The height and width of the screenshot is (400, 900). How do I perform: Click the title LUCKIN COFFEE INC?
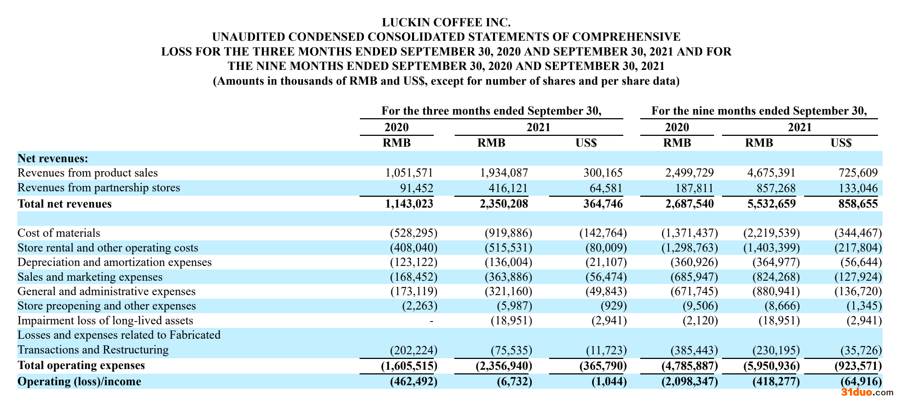pos(446,22)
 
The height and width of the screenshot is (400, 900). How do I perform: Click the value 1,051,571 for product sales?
pos(409,173)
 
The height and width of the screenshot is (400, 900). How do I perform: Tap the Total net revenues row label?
pos(64,204)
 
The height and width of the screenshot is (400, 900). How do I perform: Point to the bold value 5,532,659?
pos(771,204)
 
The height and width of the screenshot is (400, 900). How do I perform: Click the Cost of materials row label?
pos(59,233)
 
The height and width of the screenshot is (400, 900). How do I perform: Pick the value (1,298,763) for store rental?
pos(689,248)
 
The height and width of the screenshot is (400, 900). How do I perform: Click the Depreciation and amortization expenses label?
pos(115,262)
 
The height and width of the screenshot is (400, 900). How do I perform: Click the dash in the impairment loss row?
pos(431,321)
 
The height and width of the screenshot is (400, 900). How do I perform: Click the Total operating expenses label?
pos(81,365)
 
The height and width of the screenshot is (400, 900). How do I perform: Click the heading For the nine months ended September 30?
pos(759,111)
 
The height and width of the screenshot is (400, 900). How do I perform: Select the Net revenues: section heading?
pos(53,159)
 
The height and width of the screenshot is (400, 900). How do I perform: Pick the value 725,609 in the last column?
pos(858,173)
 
